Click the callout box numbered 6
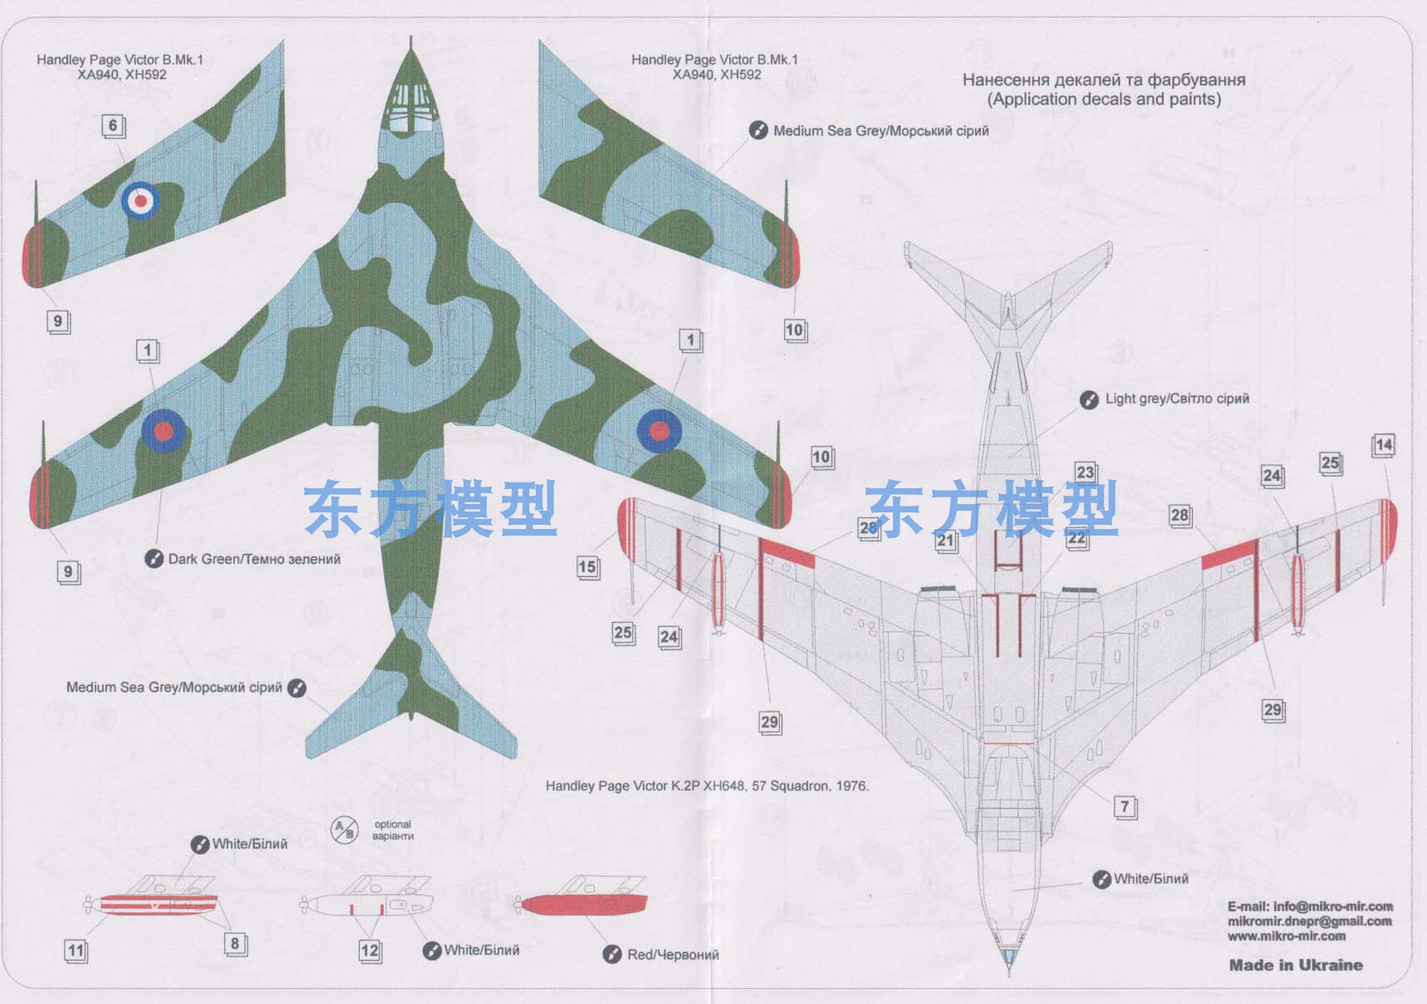[114, 126]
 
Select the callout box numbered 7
[1125, 807]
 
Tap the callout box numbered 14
[1383, 445]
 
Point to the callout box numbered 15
[588, 567]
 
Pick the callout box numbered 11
[76, 951]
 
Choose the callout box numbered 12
[370, 951]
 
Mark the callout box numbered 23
[1086, 473]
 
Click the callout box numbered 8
[235, 943]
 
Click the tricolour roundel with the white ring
[140, 200]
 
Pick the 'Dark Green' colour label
[254, 559]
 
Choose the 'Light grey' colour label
[1177, 399]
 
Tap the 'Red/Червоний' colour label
[673, 955]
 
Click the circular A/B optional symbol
[344, 830]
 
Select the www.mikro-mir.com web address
[1287, 936]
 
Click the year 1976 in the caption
[853, 786]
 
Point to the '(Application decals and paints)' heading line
[1104, 100]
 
